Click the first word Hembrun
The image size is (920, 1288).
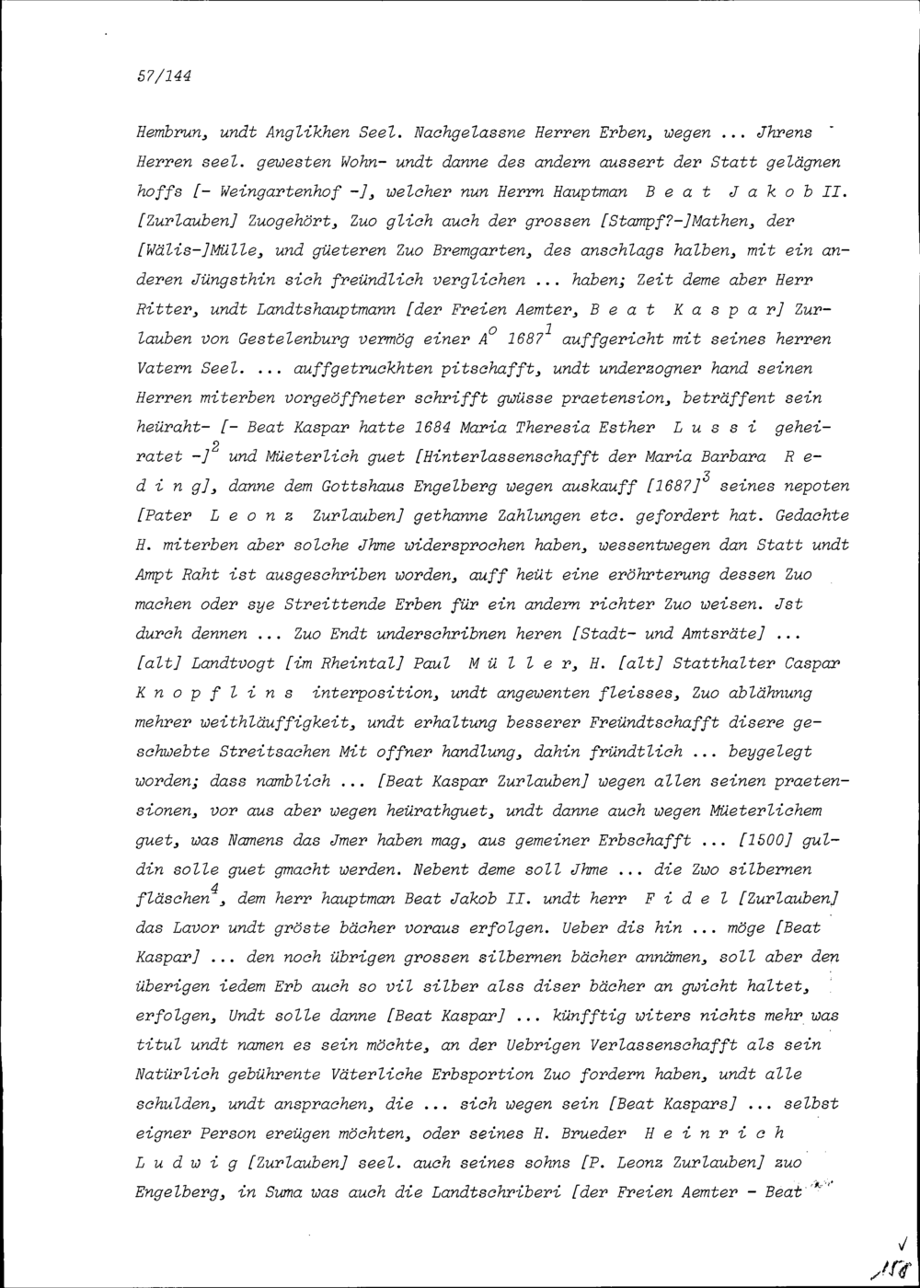pyautogui.click(x=163, y=133)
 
